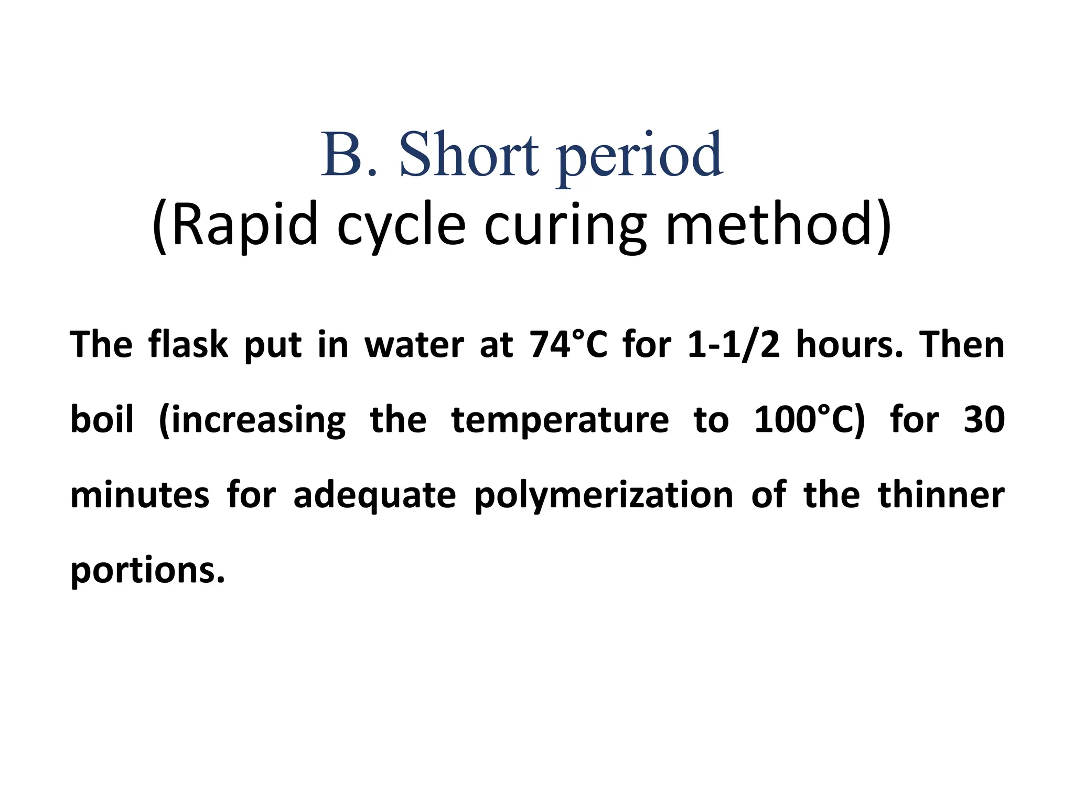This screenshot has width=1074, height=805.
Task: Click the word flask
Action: (x=188, y=344)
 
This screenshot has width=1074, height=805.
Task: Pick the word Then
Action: (x=962, y=345)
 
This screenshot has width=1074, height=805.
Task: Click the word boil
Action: (x=102, y=420)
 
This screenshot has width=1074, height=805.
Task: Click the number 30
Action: (x=984, y=420)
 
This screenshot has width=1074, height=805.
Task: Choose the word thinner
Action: (x=941, y=495)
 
